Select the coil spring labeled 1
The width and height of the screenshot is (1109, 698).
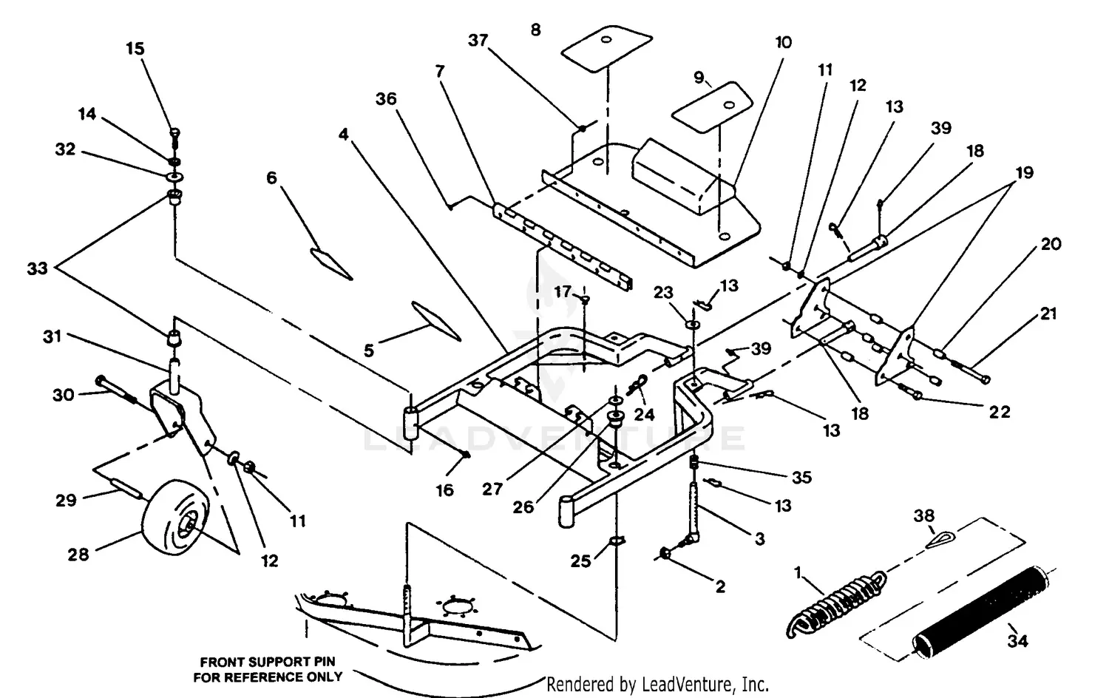[x=835, y=603]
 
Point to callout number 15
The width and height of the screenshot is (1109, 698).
[x=135, y=49]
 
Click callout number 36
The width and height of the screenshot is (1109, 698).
[x=386, y=99]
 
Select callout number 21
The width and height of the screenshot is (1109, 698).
[x=1048, y=314]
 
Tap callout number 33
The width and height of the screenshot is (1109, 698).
[x=37, y=268]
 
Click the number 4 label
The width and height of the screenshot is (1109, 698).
[x=344, y=135]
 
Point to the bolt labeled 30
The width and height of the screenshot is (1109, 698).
[x=115, y=390]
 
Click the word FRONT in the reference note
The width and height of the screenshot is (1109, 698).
[x=220, y=662]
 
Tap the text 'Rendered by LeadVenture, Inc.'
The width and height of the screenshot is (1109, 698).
[x=657, y=685]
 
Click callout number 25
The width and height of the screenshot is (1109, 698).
[x=581, y=561]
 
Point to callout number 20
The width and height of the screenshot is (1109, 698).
[x=1051, y=244]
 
